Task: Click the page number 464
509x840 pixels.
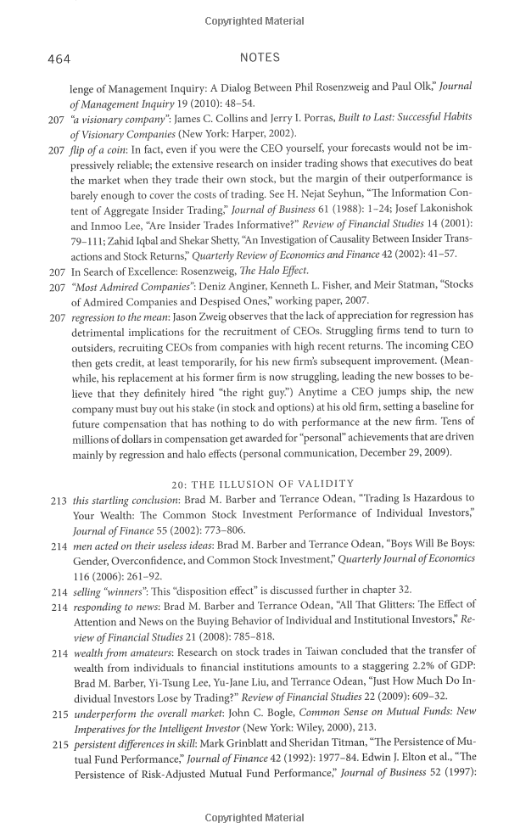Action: [59, 59]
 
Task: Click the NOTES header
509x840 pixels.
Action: [260, 58]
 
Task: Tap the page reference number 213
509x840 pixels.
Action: [58, 500]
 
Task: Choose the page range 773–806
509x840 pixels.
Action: [221, 530]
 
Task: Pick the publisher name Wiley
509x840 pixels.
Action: [310, 729]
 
